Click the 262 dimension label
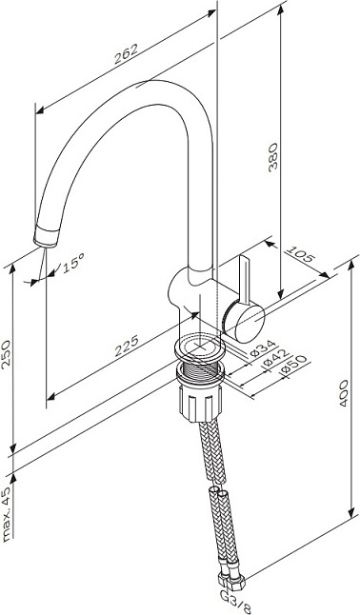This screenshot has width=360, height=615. pyautogui.click(x=127, y=54)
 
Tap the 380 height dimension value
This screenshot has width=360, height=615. pyautogui.click(x=273, y=156)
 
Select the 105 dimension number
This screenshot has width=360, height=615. pyautogui.click(x=299, y=255)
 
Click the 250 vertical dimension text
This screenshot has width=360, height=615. pyautogui.click(x=7, y=354)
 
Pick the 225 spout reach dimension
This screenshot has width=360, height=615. pyautogui.click(x=127, y=346)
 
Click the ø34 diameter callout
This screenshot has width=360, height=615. pyautogui.click(x=263, y=347)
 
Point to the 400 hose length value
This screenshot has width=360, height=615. pyautogui.click(x=344, y=393)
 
